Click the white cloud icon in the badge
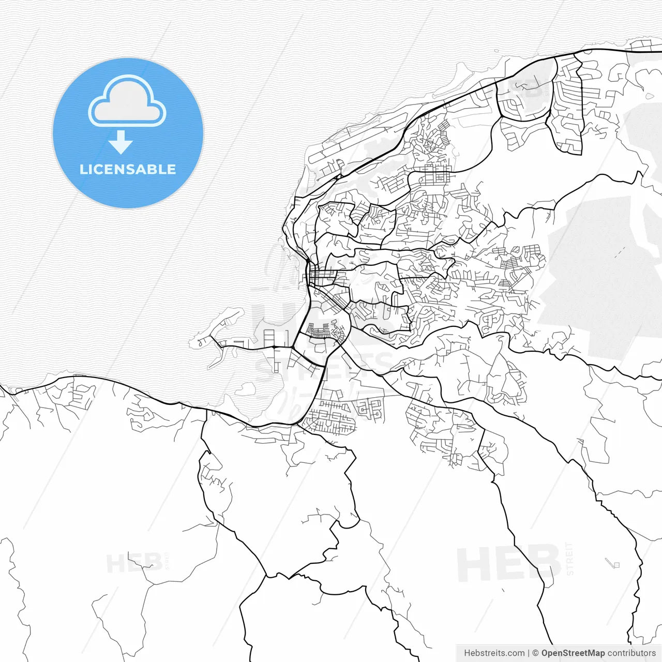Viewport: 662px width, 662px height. click(127, 101)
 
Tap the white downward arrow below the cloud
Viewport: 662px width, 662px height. click(121, 142)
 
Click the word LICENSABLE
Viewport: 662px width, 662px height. click(127, 170)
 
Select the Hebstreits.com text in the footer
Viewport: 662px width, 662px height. click(494, 653)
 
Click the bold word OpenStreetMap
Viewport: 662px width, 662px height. click(573, 653)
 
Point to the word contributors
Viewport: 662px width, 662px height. click(631, 653)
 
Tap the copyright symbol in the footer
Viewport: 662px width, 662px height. click(535, 653)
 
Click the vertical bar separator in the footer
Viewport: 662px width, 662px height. click(529, 653)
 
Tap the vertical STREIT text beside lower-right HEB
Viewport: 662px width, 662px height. click(570, 559)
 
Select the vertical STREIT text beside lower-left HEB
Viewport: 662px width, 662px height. click(167, 560)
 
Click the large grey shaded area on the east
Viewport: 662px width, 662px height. click(595, 274)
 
